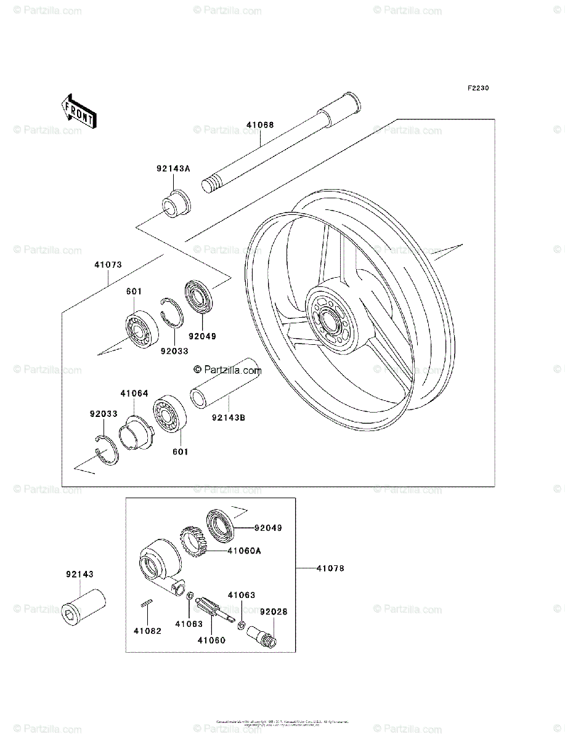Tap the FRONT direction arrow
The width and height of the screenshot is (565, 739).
tap(78, 110)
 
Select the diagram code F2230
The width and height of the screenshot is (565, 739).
tap(477, 88)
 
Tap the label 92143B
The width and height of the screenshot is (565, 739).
tap(228, 418)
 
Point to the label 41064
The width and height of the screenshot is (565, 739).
tap(134, 393)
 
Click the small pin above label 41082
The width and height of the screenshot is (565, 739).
tap(147, 604)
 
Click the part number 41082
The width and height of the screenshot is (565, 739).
tap(147, 631)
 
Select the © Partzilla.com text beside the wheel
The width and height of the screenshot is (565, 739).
tap(227, 370)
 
